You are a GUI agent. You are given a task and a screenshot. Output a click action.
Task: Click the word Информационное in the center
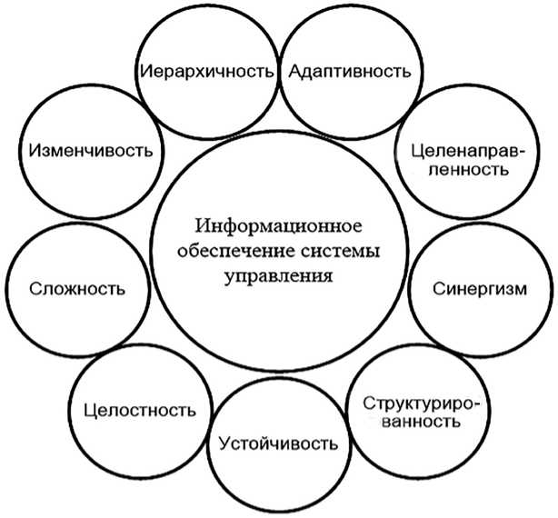(279, 224)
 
